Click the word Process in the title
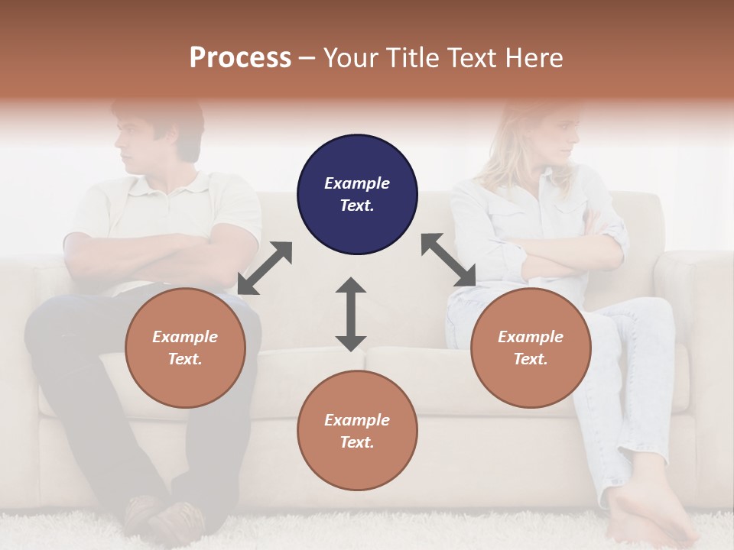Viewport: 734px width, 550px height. click(240, 58)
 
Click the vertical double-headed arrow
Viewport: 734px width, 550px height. click(351, 314)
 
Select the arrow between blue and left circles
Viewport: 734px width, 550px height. click(265, 268)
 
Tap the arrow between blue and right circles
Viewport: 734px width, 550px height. click(448, 260)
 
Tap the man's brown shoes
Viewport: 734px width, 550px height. click(164, 519)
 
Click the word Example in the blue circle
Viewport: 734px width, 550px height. click(357, 183)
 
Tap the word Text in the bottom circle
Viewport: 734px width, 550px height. click(357, 442)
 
